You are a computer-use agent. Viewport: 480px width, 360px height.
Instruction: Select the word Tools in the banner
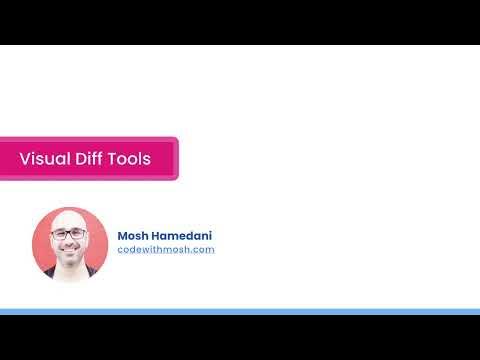[130, 159]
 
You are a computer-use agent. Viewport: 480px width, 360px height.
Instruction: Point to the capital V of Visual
[25, 159]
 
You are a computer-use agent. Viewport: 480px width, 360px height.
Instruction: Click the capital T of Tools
[114, 159]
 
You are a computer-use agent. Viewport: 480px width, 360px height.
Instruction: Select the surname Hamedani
[183, 236]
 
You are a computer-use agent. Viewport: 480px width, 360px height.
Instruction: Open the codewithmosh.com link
[166, 249]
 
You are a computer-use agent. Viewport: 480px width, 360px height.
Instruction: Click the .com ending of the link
[203, 249]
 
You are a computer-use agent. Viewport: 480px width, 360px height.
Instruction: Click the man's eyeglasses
[69, 234]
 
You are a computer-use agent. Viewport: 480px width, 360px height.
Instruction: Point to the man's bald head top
[70, 215]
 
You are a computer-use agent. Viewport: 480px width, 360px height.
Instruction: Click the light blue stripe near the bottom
[240, 312]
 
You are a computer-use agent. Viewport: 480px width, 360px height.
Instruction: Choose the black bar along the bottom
[240, 338]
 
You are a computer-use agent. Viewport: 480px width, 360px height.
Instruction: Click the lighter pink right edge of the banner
[175, 159]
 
